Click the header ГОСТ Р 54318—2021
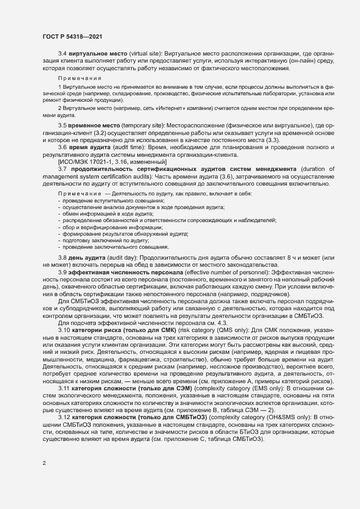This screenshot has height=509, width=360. tap(72, 36)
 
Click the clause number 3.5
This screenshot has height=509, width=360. tap(62, 126)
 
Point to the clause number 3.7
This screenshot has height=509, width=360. tap(62, 169)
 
